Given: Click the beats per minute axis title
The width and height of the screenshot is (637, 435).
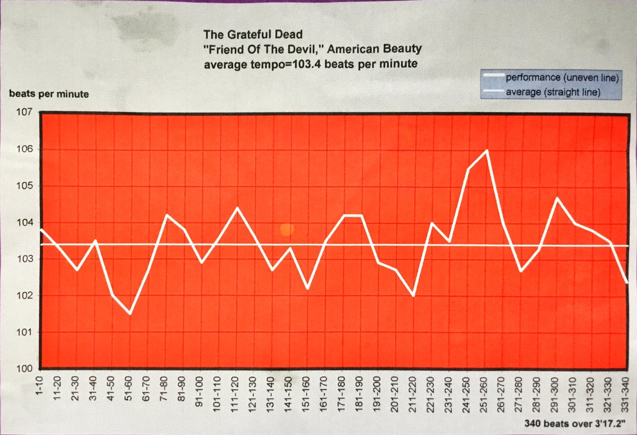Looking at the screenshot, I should coord(49,94).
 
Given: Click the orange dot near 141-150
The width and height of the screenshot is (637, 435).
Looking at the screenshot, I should coord(287,229).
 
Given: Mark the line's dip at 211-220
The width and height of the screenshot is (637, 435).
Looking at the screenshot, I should coord(413,295).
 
